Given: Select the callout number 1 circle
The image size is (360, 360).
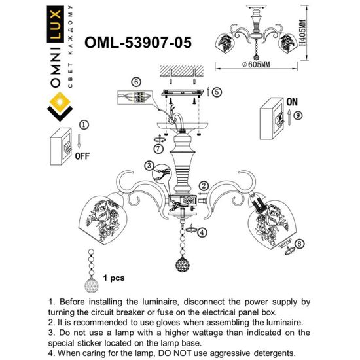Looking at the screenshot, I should click(x=83, y=124).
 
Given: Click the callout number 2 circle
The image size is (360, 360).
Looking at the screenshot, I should click(x=204, y=187).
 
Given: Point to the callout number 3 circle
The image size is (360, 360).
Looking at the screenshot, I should click(x=150, y=166).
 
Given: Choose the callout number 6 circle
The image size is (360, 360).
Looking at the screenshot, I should click(x=135, y=82).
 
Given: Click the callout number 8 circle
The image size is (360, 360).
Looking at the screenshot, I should click(x=300, y=244).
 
